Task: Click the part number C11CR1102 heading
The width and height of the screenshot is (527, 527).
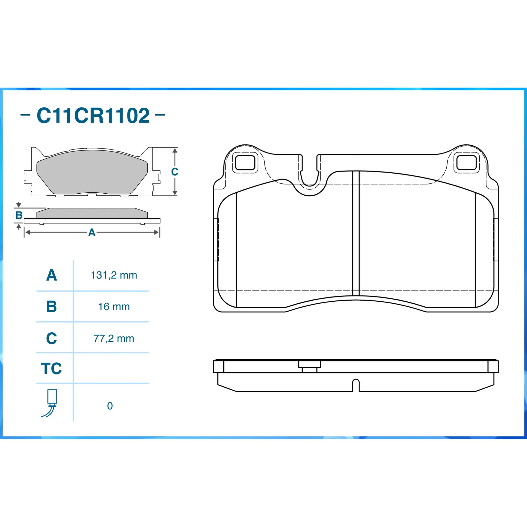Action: [93, 116]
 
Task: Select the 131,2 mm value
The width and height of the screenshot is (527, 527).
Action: [114, 275]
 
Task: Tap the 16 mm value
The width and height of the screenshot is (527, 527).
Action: [114, 307]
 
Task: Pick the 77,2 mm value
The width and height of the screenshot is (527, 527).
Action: [114, 338]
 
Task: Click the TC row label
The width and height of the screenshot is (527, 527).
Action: [51, 369]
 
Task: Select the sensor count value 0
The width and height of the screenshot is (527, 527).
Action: [110, 406]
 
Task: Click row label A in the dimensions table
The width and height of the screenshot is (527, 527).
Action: [52, 275]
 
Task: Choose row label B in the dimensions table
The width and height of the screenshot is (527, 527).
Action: [52, 307]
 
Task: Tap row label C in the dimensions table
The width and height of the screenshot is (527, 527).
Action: [52, 338]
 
